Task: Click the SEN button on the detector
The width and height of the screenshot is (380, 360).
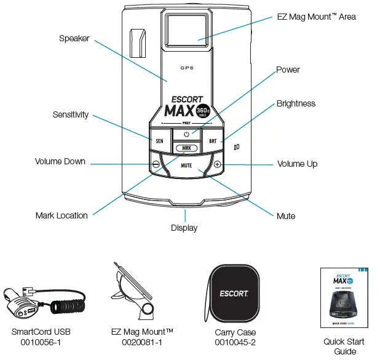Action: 159,140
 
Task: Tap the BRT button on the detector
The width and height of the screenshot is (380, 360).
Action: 213,140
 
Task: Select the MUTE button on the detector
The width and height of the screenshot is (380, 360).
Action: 186,166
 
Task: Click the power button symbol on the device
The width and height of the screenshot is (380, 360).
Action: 186,134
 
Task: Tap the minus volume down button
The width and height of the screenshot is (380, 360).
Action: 156,164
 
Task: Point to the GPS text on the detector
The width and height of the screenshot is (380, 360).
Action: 187,68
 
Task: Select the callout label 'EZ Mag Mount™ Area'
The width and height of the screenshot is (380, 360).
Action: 316,17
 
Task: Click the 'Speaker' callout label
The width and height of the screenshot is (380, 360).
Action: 74,38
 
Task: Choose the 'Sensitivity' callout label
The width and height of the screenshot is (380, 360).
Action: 70,114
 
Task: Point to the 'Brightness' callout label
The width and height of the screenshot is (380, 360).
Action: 296,103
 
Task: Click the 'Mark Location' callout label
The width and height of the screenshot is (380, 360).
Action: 61,215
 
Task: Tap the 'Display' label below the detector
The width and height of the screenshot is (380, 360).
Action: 184,228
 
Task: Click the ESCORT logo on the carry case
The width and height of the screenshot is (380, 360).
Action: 234,292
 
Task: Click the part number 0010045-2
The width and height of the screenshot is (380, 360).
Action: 235,342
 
